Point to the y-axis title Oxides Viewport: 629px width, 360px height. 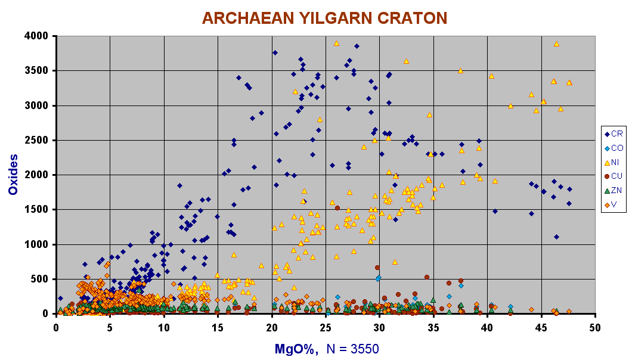(13, 175)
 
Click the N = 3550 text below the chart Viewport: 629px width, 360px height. (352, 349)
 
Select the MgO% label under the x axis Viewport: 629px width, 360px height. (296, 349)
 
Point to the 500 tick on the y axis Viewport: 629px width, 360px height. (41, 279)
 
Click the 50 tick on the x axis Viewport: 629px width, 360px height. (595, 328)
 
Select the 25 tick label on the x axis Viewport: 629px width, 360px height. (326, 328)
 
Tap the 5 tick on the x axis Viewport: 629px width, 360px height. (110, 328)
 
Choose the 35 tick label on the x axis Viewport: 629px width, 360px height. (433, 328)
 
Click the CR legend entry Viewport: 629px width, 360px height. (613, 134)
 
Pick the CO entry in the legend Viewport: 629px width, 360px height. (613, 148)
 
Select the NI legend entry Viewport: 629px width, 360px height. (612, 162)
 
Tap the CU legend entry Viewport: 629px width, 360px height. (613, 176)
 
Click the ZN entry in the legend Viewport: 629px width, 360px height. (613, 190)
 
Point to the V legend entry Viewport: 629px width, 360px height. (611, 204)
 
